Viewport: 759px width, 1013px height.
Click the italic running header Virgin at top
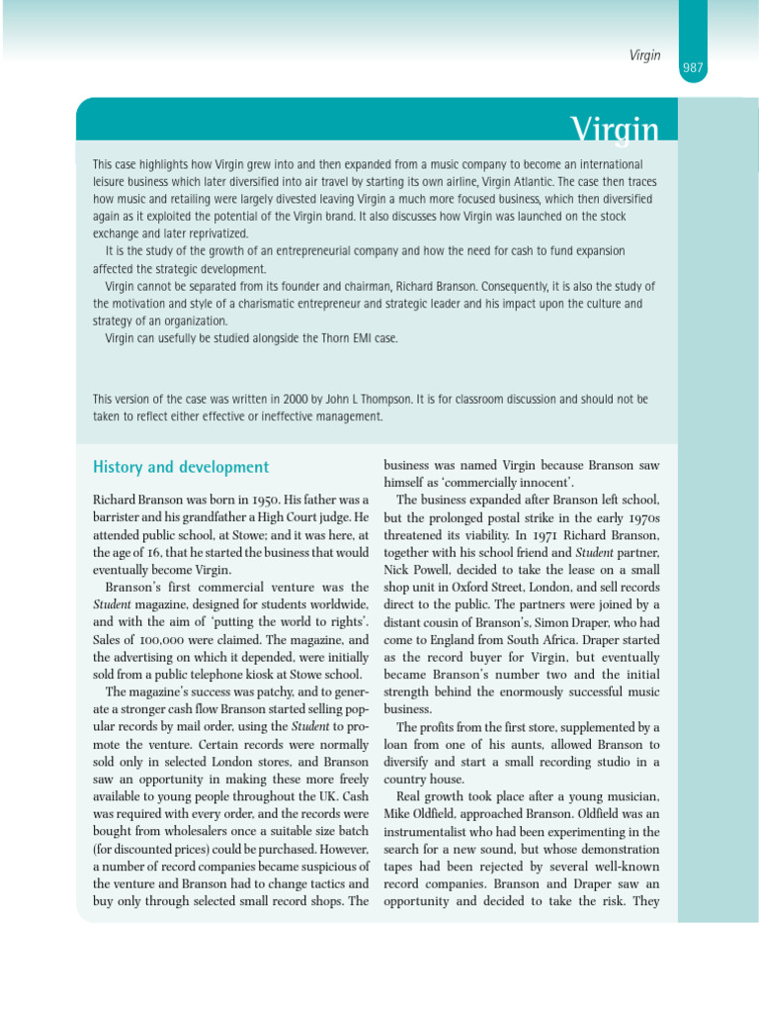[x=644, y=55]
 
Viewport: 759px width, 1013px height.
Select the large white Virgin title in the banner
[x=614, y=129]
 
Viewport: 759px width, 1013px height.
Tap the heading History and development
[x=180, y=467]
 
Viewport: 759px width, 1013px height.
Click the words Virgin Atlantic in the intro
[x=543, y=181]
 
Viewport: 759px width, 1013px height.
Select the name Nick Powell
[x=415, y=571]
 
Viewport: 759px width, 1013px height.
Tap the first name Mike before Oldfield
[x=398, y=814]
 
